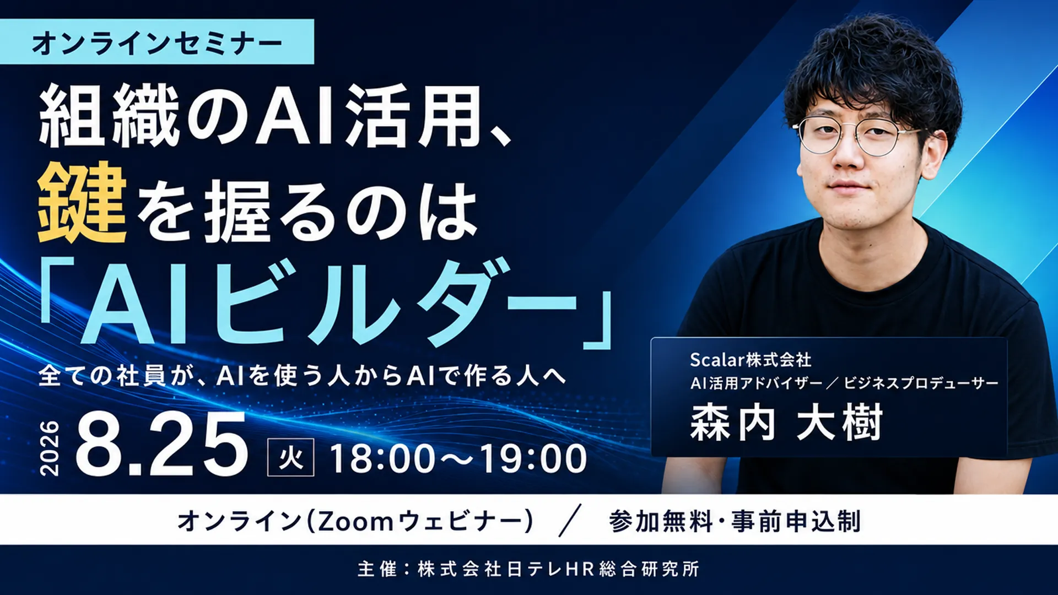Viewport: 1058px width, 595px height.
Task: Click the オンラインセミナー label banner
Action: (157, 42)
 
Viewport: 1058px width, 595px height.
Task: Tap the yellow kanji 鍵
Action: (82, 203)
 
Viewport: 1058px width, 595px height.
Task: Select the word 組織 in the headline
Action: (110, 116)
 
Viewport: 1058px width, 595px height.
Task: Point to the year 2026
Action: (50, 448)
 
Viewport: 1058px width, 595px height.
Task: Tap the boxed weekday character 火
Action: (291, 457)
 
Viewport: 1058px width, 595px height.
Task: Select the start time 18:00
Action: (382, 458)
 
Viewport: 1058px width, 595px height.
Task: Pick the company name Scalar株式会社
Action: (751, 360)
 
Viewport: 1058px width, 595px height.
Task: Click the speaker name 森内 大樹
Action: (786, 423)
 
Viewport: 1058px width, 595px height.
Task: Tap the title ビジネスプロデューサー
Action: (921, 383)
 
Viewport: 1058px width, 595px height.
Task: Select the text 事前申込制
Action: (796, 521)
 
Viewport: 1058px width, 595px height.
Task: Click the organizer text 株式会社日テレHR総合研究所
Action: (559, 569)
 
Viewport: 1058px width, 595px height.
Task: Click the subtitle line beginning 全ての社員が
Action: (303, 376)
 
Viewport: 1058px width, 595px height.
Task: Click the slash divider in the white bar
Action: (570, 521)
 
